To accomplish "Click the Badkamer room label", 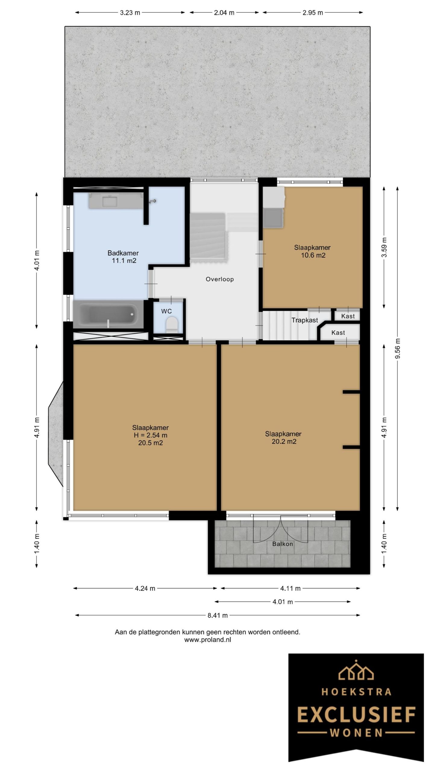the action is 123,253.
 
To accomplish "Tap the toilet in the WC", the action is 172,325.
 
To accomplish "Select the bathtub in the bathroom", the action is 108,314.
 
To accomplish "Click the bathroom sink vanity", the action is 116,201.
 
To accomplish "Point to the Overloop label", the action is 220,279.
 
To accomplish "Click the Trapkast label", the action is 305,320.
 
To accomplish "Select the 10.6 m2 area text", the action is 313,255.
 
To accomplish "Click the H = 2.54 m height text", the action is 150,435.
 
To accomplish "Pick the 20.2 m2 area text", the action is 284,441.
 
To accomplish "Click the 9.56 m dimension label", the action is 398,349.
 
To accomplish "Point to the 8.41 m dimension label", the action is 218,615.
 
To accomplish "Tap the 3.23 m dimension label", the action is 130,13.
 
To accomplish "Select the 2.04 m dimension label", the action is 224,13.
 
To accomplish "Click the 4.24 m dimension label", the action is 145,588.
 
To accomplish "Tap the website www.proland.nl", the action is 208,640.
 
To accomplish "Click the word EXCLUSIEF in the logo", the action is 357,715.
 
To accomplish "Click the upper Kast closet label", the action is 348,316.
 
